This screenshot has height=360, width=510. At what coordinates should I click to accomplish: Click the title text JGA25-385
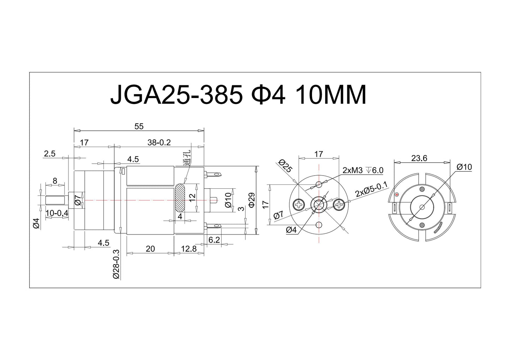click(x=176, y=95)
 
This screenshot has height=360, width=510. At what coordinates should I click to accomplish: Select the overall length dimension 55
click(x=139, y=126)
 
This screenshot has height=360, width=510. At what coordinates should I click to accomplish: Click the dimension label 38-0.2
click(x=159, y=142)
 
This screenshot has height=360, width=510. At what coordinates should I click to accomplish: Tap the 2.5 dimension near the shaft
click(x=50, y=153)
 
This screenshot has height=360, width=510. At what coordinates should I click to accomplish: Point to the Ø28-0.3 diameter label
click(x=116, y=264)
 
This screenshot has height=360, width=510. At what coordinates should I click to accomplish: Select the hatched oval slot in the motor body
click(x=180, y=197)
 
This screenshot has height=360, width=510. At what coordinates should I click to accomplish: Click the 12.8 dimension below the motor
click(x=189, y=249)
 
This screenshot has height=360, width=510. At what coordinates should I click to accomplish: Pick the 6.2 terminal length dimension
click(x=214, y=240)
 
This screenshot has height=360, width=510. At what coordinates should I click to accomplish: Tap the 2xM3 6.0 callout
click(x=362, y=170)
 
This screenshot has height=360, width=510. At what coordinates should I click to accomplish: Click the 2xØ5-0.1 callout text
click(x=371, y=189)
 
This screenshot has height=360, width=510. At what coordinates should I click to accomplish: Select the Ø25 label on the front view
click(x=285, y=166)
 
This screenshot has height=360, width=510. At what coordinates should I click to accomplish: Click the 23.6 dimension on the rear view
click(x=419, y=158)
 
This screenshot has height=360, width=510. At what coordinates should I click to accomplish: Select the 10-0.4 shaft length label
click(x=57, y=213)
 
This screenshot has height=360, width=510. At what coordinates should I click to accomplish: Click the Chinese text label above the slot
click(x=187, y=158)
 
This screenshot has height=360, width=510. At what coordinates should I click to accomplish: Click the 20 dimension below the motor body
click(x=150, y=249)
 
